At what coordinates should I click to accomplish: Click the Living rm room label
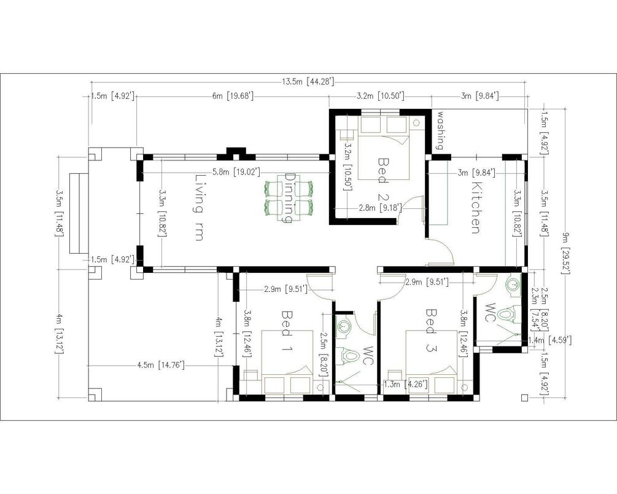(200, 208)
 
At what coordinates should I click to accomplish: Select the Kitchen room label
(476, 208)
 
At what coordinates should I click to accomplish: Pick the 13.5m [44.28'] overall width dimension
(308, 82)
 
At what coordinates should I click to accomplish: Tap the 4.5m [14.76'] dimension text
(161, 366)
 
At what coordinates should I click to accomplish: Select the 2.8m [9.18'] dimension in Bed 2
(380, 208)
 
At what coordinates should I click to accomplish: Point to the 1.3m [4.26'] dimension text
(406, 384)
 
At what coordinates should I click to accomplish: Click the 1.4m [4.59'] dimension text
(549, 340)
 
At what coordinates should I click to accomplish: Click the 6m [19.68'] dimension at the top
(233, 96)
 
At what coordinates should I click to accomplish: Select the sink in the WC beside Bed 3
(513, 284)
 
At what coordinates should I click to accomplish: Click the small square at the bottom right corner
(524, 398)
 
